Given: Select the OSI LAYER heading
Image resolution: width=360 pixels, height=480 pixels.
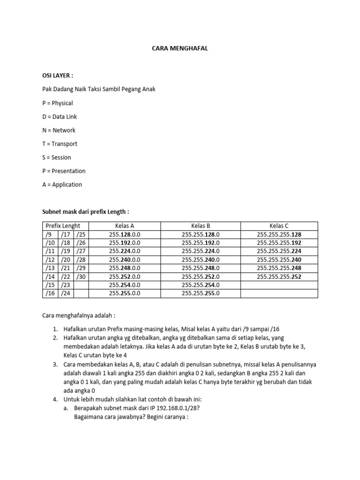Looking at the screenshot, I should point(58,75).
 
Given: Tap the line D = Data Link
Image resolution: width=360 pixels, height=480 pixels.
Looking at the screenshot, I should point(60,116).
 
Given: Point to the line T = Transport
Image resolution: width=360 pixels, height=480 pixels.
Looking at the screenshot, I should point(60,144).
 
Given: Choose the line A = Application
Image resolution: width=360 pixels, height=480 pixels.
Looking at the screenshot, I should point(62,185).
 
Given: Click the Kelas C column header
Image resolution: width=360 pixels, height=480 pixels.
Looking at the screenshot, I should point(279,226).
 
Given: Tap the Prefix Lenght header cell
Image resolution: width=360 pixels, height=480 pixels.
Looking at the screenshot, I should point(63,226).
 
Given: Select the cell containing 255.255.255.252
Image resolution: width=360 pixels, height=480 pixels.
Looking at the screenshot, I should point(279,277).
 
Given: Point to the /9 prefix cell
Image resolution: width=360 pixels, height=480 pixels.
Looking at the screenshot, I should point(49,234).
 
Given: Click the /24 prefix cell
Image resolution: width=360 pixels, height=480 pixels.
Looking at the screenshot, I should point(65,293).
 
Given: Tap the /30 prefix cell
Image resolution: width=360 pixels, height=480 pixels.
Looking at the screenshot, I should point(81,277).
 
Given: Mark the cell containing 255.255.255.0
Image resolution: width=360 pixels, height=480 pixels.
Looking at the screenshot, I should point(201,293).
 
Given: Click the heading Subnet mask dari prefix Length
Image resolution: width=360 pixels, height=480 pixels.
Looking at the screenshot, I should point(85,212).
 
